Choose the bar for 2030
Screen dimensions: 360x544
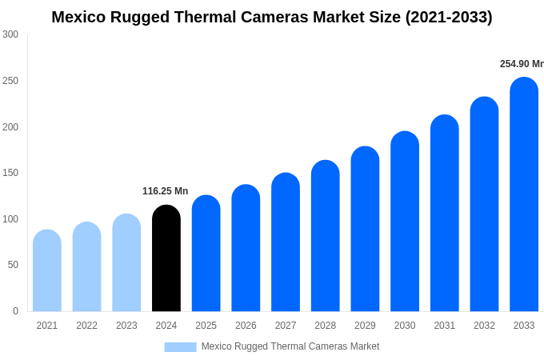tap(405, 222)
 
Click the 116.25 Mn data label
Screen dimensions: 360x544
tap(165, 191)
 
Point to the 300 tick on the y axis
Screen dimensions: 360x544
tap(10, 34)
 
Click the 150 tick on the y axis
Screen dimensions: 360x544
tap(10, 173)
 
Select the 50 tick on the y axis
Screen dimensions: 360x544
tap(13, 265)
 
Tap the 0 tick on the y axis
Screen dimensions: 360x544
tap(15, 311)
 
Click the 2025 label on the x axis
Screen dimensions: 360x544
tap(206, 326)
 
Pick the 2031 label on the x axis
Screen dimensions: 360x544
tap(444, 326)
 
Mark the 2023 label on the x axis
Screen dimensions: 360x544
tap(126, 326)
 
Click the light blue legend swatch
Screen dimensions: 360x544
tap(180, 346)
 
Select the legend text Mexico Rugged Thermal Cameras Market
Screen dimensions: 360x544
tap(290, 346)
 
